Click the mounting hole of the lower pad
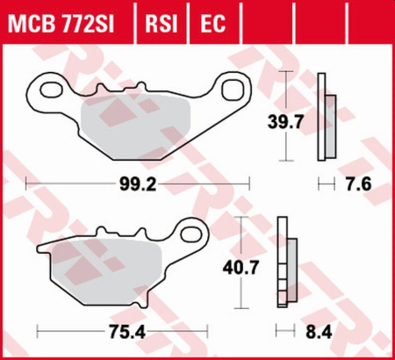tap(194, 233)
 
